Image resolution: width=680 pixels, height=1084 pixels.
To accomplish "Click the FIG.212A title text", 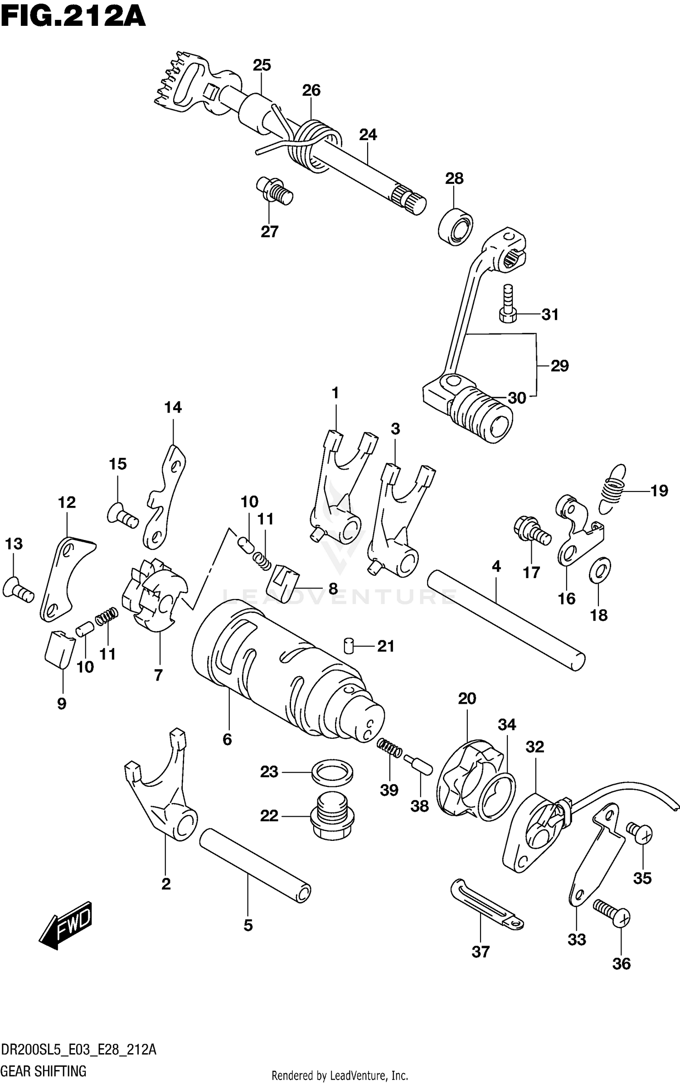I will coord(73,17).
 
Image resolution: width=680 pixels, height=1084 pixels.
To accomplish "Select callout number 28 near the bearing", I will coord(454,178).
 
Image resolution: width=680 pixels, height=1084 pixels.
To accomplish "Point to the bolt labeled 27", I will coord(274,191).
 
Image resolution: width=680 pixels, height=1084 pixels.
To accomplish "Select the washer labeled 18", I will coord(599,570).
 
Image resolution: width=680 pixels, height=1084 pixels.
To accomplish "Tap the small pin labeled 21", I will coord(349,645).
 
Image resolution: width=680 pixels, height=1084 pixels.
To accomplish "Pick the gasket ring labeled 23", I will coord(332,772).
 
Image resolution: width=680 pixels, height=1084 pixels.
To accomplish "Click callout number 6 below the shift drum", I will coord(227,740).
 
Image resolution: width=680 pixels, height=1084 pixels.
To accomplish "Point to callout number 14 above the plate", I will coord(173,407).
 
